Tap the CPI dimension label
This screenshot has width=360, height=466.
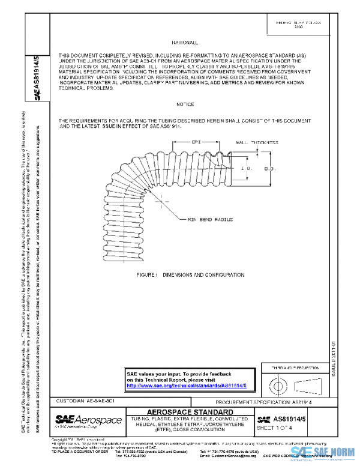196,143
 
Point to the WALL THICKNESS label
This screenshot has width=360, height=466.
257,143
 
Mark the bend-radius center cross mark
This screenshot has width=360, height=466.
160,194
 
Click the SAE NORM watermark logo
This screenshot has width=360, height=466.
325,452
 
